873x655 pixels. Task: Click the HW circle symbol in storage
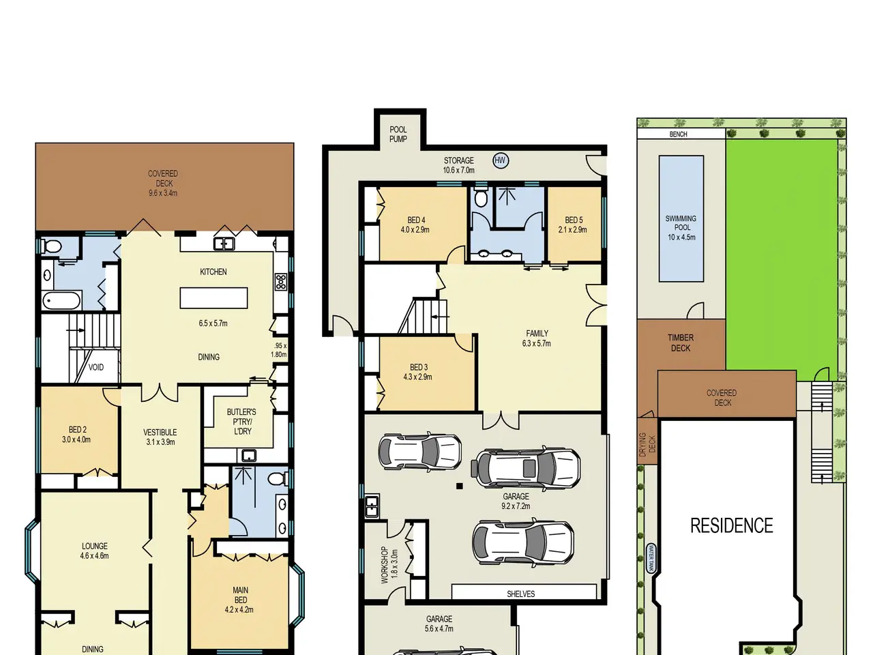click(500, 160)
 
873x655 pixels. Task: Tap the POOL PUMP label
click(398, 134)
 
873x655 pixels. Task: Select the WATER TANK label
click(651, 558)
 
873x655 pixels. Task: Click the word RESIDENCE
click(732, 526)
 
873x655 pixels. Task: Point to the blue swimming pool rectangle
click(681, 219)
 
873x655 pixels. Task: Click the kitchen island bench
click(213, 298)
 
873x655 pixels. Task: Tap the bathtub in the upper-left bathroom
click(61, 301)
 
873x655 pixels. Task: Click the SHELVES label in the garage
click(520, 594)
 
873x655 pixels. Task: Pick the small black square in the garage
click(460, 486)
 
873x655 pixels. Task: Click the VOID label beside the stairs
click(96, 367)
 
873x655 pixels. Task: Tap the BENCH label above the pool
click(678, 134)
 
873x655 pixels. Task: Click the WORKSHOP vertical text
click(384, 565)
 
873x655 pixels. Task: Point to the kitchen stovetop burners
click(281, 282)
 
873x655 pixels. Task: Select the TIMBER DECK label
click(681, 343)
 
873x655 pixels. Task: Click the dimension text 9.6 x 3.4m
click(163, 193)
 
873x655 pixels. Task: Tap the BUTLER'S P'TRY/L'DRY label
click(241, 422)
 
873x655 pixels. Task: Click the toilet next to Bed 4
click(481, 197)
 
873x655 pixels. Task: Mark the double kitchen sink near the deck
click(224, 244)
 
